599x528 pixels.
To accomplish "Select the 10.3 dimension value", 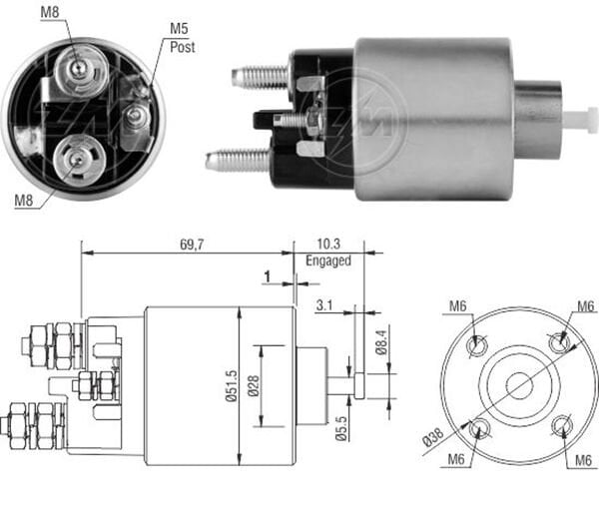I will pyautogui.click(x=326, y=245).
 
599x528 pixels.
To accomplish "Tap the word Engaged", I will pyautogui.click(x=328, y=262).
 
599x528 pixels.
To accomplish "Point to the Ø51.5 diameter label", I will pyautogui.click(x=231, y=386).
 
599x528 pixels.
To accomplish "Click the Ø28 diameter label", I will pyautogui.click(x=256, y=386).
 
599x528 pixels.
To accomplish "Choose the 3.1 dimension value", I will pyautogui.click(x=322, y=306).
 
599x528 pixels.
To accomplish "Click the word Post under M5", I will pyautogui.click(x=182, y=46).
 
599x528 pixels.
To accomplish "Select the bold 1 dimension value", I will pyautogui.click(x=268, y=276).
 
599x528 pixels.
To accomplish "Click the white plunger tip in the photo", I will pyautogui.click(x=578, y=119).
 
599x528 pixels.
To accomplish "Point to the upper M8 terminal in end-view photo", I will pyautogui.click(x=77, y=68).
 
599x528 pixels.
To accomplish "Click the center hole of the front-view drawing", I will pyautogui.click(x=519, y=384).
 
